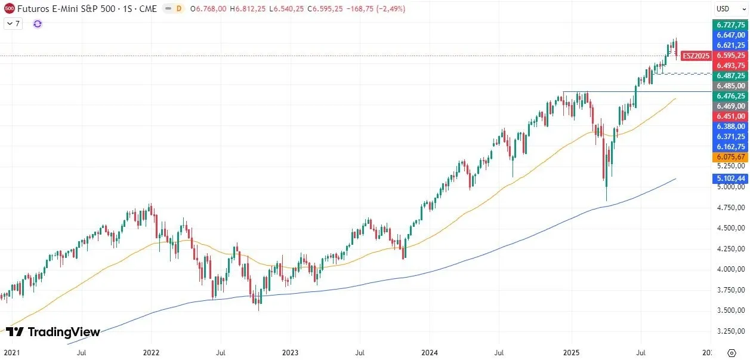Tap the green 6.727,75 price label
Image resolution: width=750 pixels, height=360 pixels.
pyautogui.click(x=730, y=25)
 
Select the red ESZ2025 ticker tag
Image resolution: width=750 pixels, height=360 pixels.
pyautogui.click(x=696, y=56)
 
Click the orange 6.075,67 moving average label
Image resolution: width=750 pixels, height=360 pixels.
pyautogui.click(x=730, y=157)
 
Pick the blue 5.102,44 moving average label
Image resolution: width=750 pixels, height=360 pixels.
pyautogui.click(x=730, y=178)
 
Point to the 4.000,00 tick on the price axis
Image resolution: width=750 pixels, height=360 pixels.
pyautogui.click(x=730, y=269)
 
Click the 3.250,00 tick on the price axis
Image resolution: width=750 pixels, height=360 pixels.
pyautogui.click(x=730, y=331)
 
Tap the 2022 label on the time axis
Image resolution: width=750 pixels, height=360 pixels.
pyautogui.click(x=152, y=353)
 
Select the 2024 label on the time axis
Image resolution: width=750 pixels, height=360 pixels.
pyautogui.click(x=430, y=353)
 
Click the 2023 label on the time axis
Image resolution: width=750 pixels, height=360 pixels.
pyautogui.click(x=290, y=353)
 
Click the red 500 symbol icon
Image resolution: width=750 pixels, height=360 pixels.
pyautogui.click(x=9, y=8)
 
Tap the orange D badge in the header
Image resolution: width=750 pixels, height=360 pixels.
pyautogui.click(x=178, y=8)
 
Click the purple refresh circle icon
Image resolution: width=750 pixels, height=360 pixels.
pyautogui.click(x=38, y=24)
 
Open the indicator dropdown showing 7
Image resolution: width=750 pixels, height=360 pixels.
pyautogui.click(x=13, y=24)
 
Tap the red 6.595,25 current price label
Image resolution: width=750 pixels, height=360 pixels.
pyautogui.click(x=730, y=56)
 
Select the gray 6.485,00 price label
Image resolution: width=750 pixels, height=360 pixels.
pyautogui.click(x=730, y=86)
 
